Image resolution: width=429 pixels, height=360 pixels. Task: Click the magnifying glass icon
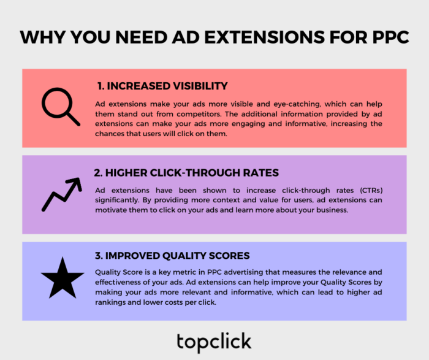coord(59,106)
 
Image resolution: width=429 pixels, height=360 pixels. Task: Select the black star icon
coord(62,278)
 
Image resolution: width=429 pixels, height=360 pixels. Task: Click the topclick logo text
coord(214,341)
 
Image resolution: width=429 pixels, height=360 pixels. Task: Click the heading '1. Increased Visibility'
coord(162,86)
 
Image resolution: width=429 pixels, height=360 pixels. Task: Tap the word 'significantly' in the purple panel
coord(116,200)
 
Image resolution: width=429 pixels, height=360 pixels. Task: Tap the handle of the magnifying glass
coord(72,118)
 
